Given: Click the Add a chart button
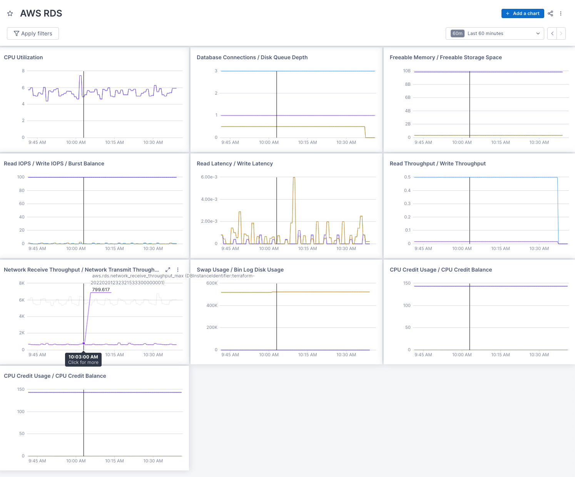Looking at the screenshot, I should click(522, 13).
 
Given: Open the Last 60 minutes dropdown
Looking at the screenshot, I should click(495, 33).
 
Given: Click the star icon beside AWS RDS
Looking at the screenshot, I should click(10, 13).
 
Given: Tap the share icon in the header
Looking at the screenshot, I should click(550, 13).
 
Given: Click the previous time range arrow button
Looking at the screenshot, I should click(552, 33).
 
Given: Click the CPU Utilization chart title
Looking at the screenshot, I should click(23, 57).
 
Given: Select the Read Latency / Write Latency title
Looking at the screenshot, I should click(234, 163).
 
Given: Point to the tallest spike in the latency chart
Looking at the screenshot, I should click(294, 178).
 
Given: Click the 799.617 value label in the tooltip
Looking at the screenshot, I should click(101, 290).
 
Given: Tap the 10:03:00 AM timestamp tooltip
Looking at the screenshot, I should click(83, 357).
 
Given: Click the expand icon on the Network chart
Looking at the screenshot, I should click(168, 270).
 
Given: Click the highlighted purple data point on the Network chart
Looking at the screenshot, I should click(84, 343).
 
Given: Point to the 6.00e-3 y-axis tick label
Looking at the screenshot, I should click(209, 177).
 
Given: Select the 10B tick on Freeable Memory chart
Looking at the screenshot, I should click(406, 71).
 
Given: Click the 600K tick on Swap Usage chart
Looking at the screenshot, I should click(212, 283).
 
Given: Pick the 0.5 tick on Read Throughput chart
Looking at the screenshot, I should click(407, 177).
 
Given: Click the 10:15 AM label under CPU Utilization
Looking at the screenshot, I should click(114, 142).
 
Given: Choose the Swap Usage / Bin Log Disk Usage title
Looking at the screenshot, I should click(240, 270).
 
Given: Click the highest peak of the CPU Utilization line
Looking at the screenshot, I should click(80, 76).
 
